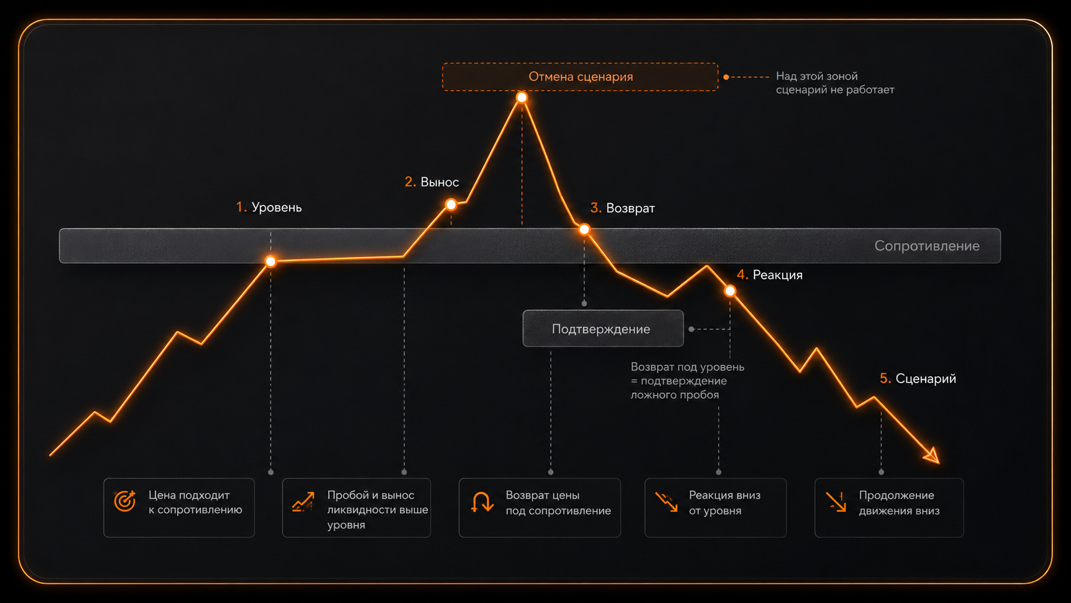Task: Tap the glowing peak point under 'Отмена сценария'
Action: click(x=521, y=98)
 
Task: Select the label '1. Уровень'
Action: click(x=268, y=207)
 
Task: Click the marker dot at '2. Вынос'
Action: click(x=451, y=205)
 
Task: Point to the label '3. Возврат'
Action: click(x=623, y=208)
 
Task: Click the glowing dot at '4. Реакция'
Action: click(x=730, y=291)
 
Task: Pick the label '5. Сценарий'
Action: click(x=918, y=379)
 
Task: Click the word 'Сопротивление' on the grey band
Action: click(x=927, y=246)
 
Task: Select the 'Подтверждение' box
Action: click(x=603, y=329)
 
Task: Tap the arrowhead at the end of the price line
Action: click(x=933, y=456)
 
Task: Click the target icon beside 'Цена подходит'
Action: click(x=125, y=501)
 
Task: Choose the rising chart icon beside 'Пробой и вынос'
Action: click(x=303, y=502)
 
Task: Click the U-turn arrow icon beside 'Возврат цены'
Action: click(x=482, y=502)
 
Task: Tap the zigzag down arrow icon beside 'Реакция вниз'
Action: click(x=667, y=502)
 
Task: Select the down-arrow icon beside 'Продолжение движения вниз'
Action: click(x=837, y=502)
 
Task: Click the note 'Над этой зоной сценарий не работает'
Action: click(x=835, y=83)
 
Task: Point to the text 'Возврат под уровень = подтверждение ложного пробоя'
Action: click(x=687, y=381)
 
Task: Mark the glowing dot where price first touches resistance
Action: click(x=270, y=261)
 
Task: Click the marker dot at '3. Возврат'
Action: click(x=584, y=229)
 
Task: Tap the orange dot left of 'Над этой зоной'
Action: click(x=726, y=77)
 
